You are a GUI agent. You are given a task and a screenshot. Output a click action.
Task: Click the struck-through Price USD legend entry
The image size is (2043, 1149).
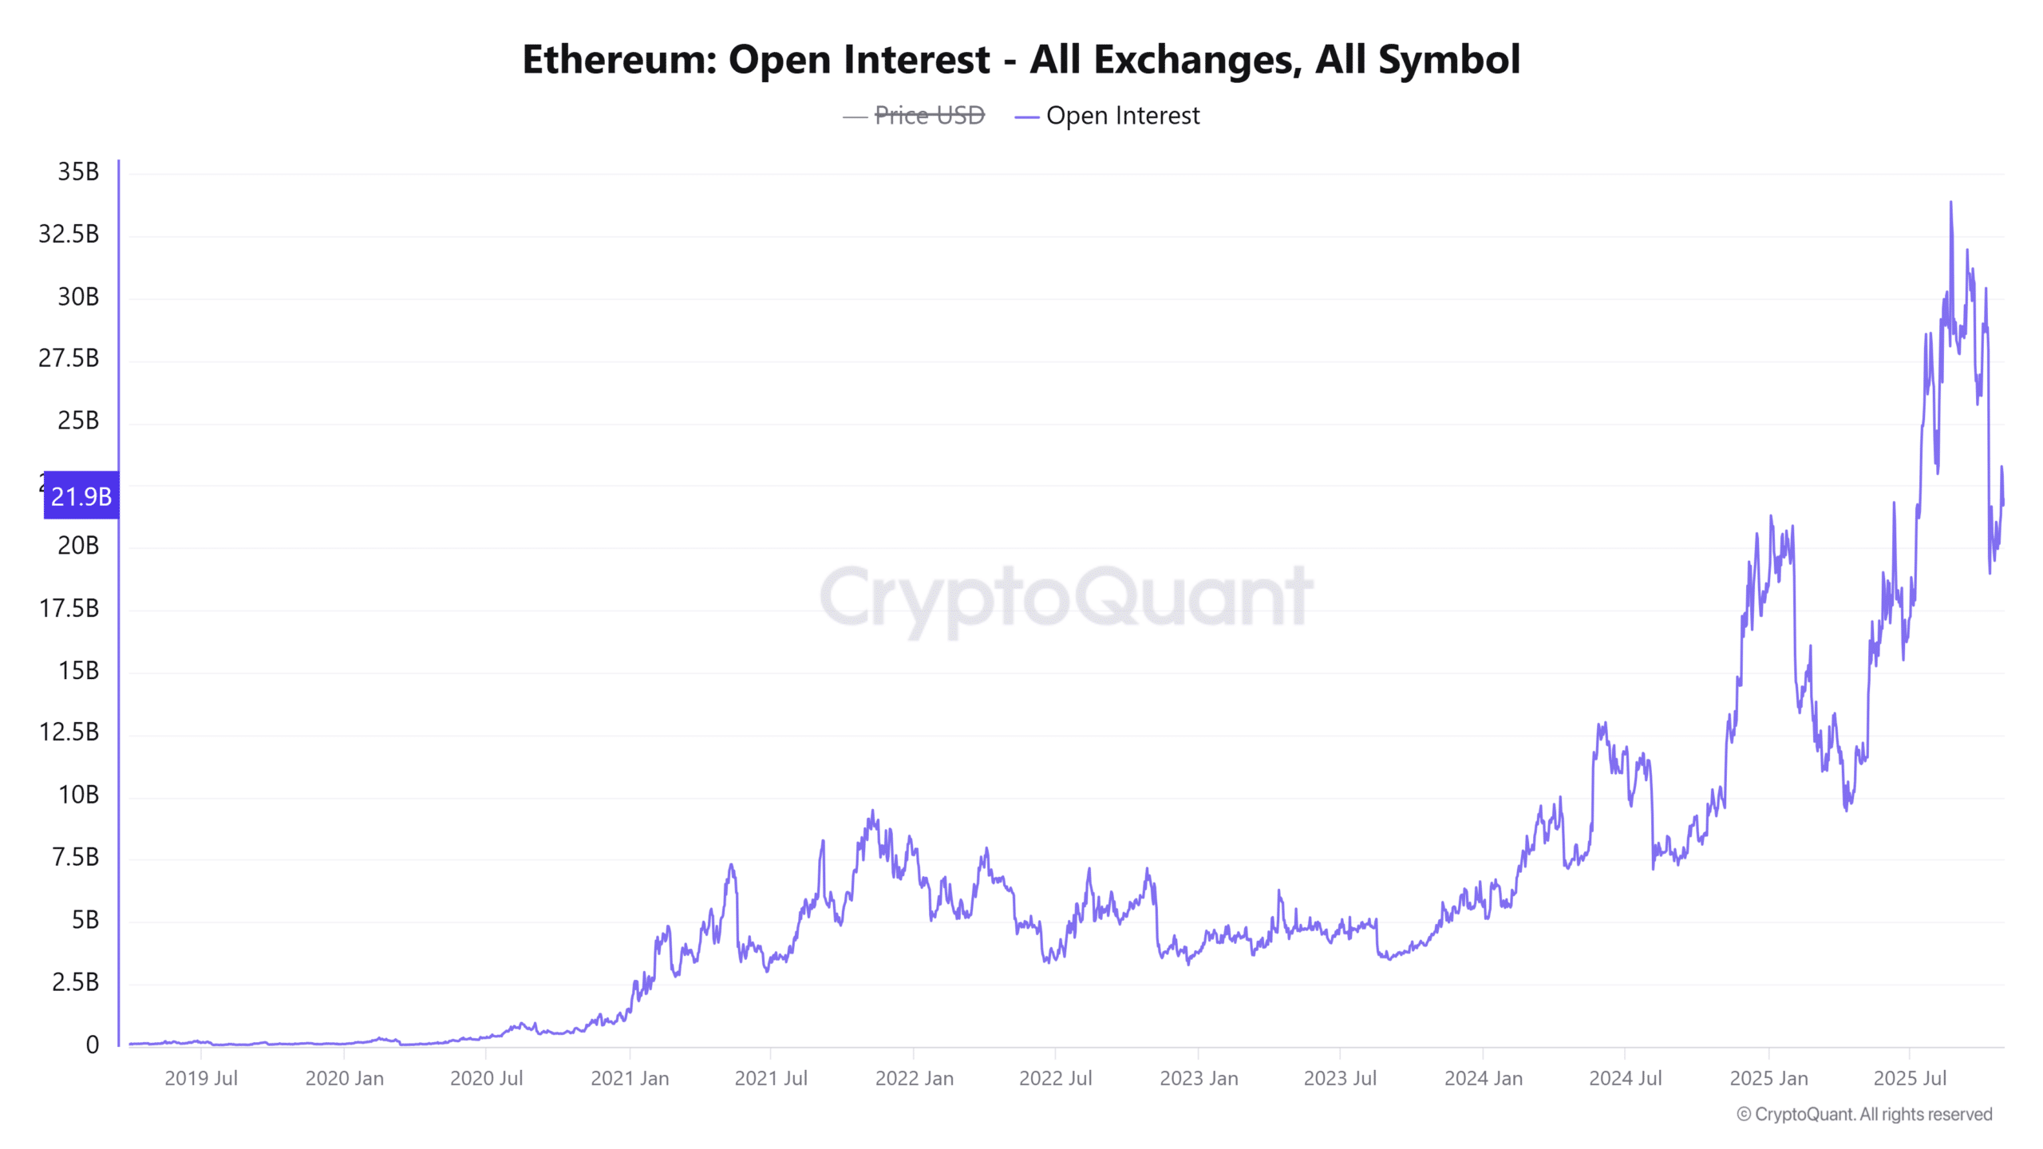click(x=929, y=116)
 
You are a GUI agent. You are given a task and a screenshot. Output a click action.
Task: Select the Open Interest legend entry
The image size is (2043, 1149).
click(x=1121, y=116)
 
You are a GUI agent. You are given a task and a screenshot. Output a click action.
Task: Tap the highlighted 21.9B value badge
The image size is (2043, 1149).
click(x=81, y=496)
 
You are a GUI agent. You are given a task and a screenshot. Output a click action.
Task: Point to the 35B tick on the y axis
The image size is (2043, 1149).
click(x=78, y=172)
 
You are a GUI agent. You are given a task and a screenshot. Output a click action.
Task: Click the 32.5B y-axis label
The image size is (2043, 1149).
click(x=69, y=234)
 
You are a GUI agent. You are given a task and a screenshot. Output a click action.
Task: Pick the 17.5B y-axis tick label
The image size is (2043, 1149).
click(x=69, y=608)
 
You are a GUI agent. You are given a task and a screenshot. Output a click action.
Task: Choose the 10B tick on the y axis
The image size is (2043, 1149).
click(x=78, y=795)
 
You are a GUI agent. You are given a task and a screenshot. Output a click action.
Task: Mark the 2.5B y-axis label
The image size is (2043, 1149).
click(x=76, y=981)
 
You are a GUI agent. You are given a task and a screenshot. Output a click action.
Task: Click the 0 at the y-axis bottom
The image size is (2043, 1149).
click(x=93, y=1044)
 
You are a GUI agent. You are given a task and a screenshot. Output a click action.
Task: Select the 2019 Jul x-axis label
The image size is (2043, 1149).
click(x=201, y=1078)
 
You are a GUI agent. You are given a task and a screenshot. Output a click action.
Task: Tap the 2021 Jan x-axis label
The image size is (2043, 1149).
click(x=630, y=1078)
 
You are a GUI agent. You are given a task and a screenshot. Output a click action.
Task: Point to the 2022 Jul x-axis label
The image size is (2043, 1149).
click(x=1055, y=1078)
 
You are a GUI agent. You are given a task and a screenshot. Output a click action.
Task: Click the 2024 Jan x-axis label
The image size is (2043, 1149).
click(x=1484, y=1078)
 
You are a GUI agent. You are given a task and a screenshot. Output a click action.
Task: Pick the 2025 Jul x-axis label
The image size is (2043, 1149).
click(x=1910, y=1078)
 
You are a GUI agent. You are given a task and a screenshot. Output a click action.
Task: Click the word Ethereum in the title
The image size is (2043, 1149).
click(x=619, y=60)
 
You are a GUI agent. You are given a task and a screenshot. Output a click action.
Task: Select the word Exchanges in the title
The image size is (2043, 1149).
click(x=1166, y=60)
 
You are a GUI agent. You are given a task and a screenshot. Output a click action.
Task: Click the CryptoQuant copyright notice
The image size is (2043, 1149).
click(x=1864, y=1114)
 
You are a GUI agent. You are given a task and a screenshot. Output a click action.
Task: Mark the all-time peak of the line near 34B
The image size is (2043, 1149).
click(x=1950, y=203)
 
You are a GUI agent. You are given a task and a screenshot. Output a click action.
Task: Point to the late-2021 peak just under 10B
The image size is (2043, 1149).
click(x=872, y=811)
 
